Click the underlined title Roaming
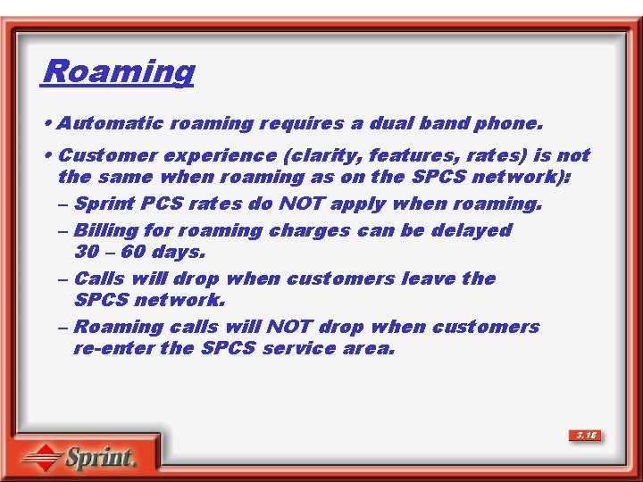pos(117,71)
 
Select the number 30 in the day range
pos(87,252)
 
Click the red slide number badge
pos(586,436)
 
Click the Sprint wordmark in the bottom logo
pos(99,459)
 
